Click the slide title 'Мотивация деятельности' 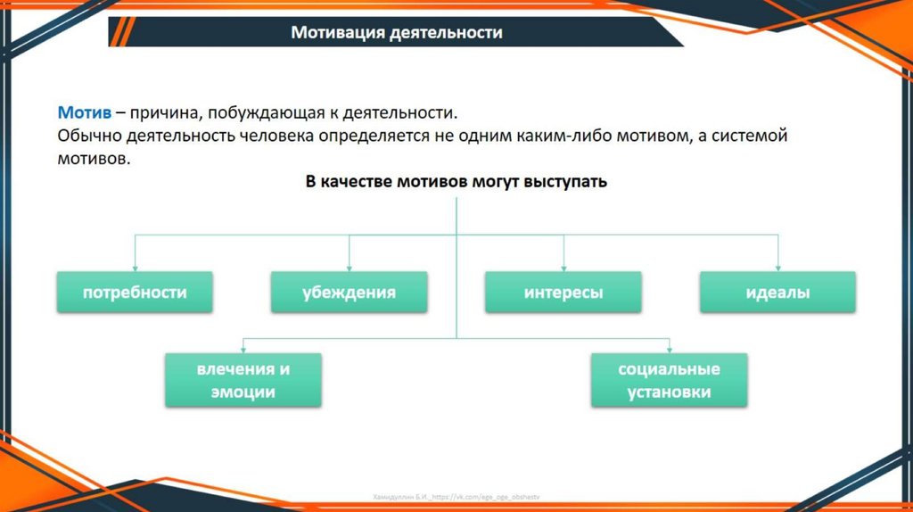tap(397, 33)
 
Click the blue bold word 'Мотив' tap(85, 113)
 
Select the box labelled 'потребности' tap(135, 293)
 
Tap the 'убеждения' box tap(349, 293)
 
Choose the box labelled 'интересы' tap(563, 293)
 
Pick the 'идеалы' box tap(777, 293)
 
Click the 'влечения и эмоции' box tap(243, 380)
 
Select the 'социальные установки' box tap(669, 380)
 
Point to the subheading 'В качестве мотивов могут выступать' tap(456, 182)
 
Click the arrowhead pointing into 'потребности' tap(135, 267)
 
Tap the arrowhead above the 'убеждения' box tap(349, 267)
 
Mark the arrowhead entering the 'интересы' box tap(563, 267)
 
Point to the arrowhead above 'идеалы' tap(777, 267)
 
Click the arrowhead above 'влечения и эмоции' tap(243, 349)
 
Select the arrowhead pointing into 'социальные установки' tap(669, 349)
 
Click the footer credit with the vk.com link tap(456, 496)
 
